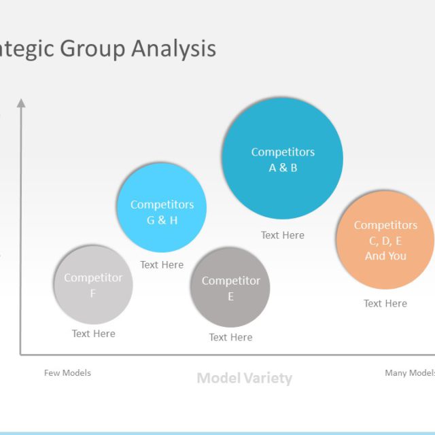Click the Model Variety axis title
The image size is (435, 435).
coord(244,378)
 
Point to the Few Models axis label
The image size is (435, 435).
coord(67,372)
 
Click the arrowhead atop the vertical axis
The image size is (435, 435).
coord(21,103)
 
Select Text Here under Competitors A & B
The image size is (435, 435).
coord(283,235)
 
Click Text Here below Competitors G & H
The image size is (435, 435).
coord(162,265)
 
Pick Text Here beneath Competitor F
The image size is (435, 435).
coord(94,334)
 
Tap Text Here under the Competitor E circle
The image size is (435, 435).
coord(230,337)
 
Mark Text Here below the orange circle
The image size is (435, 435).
coord(385,303)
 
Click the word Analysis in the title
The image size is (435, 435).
coord(173,49)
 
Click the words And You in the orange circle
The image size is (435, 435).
coord(385,256)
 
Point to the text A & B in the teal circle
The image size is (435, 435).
coord(283,168)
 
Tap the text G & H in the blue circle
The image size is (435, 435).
coord(162,220)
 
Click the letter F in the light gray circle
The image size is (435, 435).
coord(93,294)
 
